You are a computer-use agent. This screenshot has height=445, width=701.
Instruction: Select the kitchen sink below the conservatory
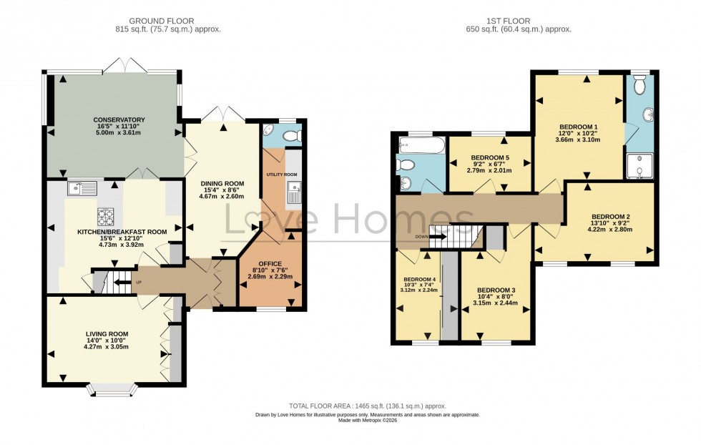(82, 188)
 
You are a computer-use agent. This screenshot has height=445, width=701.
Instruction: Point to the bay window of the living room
(111, 389)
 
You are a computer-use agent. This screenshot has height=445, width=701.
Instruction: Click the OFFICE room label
(270, 263)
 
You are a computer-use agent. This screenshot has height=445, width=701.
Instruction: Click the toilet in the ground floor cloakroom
(290, 135)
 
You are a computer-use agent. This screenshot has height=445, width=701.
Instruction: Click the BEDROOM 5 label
(490, 157)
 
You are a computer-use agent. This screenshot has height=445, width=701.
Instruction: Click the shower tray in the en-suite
(639, 166)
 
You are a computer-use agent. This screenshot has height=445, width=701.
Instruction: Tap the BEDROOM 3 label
(496, 290)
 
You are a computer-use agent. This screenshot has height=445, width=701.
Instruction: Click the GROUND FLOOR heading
(168, 20)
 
